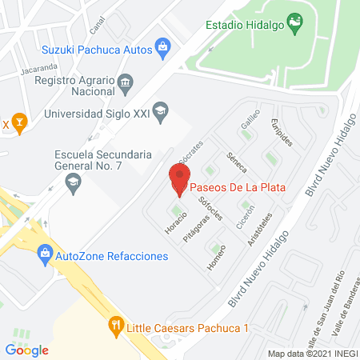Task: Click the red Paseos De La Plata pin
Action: click(x=179, y=178)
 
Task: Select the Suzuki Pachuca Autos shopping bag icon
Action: click(x=163, y=50)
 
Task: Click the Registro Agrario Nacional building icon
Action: click(x=124, y=82)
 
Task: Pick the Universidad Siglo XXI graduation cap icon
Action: click(x=161, y=112)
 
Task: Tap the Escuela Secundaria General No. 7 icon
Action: click(x=74, y=183)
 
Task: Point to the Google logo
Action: click(x=26, y=350)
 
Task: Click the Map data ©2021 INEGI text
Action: click(x=312, y=354)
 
